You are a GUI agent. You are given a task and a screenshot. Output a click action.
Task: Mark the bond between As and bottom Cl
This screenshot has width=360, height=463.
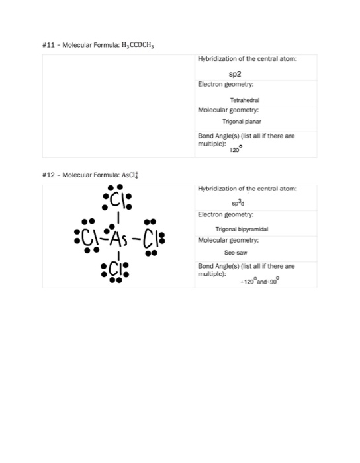(118, 253)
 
